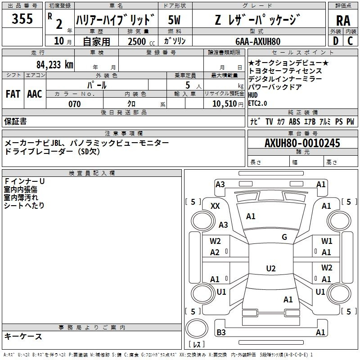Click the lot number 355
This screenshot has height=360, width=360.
click(22, 18)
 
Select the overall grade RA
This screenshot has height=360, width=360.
click(343, 21)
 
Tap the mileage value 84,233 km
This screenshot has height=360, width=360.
click(55, 65)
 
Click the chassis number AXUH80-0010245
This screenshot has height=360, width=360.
click(302, 143)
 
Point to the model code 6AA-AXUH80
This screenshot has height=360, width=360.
click(258, 41)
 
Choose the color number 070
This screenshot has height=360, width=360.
click(75, 104)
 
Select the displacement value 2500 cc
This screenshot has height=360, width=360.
click(141, 41)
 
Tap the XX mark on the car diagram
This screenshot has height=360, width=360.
click(215, 206)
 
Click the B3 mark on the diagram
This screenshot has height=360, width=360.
click(221, 332)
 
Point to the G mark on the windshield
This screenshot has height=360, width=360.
click(284, 237)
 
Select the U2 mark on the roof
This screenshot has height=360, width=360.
click(271, 268)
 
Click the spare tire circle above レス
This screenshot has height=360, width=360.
click(197, 328)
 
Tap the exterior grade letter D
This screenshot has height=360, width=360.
click(336, 41)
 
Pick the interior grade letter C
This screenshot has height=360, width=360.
click(350, 41)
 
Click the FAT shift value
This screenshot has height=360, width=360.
click(13, 94)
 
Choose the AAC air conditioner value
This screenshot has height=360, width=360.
click(35, 94)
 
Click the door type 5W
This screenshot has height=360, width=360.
click(174, 20)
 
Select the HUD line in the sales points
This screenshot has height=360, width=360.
click(253, 95)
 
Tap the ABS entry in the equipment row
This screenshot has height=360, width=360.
click(294, 121)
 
